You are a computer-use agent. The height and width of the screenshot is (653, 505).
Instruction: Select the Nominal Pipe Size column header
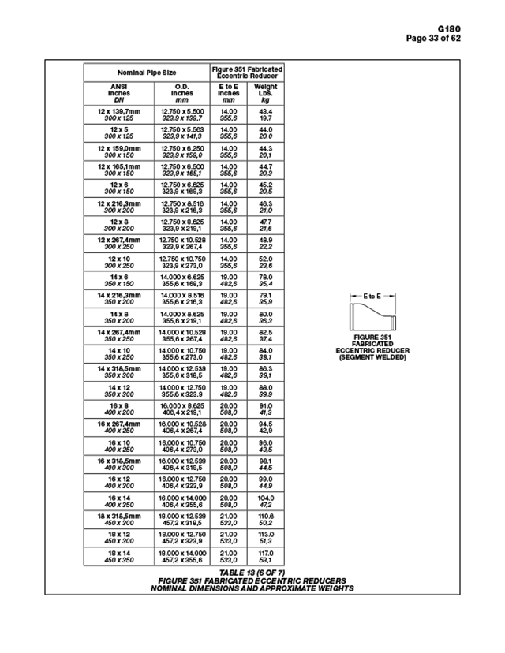pyautogui.click(x=147, y=72)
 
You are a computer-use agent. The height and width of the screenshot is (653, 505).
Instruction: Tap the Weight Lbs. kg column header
pyautogui.click(x=266, y=93)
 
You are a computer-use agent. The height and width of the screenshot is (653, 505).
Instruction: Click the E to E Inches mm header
pyautogui.click(x=229, y=93)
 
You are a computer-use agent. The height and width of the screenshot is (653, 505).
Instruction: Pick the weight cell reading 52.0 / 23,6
pyautogui.click(x=266, y=262)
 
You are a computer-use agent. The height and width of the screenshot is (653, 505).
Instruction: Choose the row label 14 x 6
pyautogui.click(x=120, y=280)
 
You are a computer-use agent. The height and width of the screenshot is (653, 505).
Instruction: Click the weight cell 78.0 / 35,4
pyautogui.click(x=266, y=280)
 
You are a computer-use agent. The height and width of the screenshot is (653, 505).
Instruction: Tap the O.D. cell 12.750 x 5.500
pyautogui.click(x=182, y=114)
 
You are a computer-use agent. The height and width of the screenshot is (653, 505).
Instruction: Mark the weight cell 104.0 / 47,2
pyautogui.click(x=266, y=501)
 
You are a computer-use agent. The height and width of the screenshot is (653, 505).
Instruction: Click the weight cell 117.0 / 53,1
pyautogui.click(x=266, y=556)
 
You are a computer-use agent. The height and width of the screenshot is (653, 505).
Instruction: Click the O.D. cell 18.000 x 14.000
pyautogui.click(x=182, y=556)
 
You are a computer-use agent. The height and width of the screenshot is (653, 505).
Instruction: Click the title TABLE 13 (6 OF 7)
pyautogui.click(x=252, y=572)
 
